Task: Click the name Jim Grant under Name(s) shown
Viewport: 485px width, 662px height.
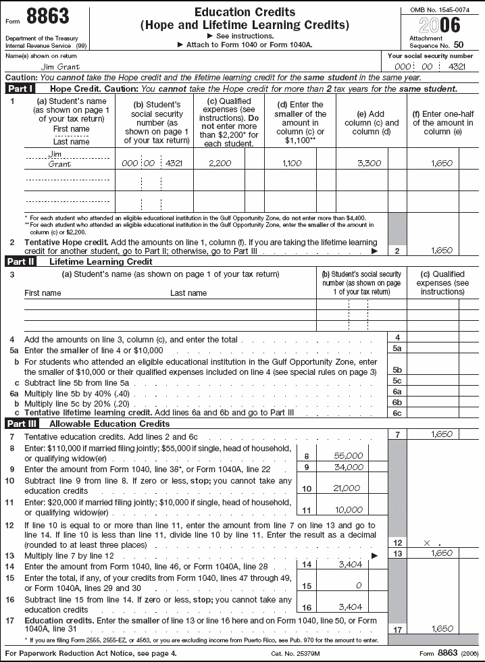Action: (x=61, y=67)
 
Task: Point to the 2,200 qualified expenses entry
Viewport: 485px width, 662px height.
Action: (x=220, y=163)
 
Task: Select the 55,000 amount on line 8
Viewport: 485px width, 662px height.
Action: (x=349, y=455)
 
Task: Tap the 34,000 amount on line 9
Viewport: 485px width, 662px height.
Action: (x=349, y=467)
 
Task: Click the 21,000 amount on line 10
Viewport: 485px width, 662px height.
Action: (x=347, y=488)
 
